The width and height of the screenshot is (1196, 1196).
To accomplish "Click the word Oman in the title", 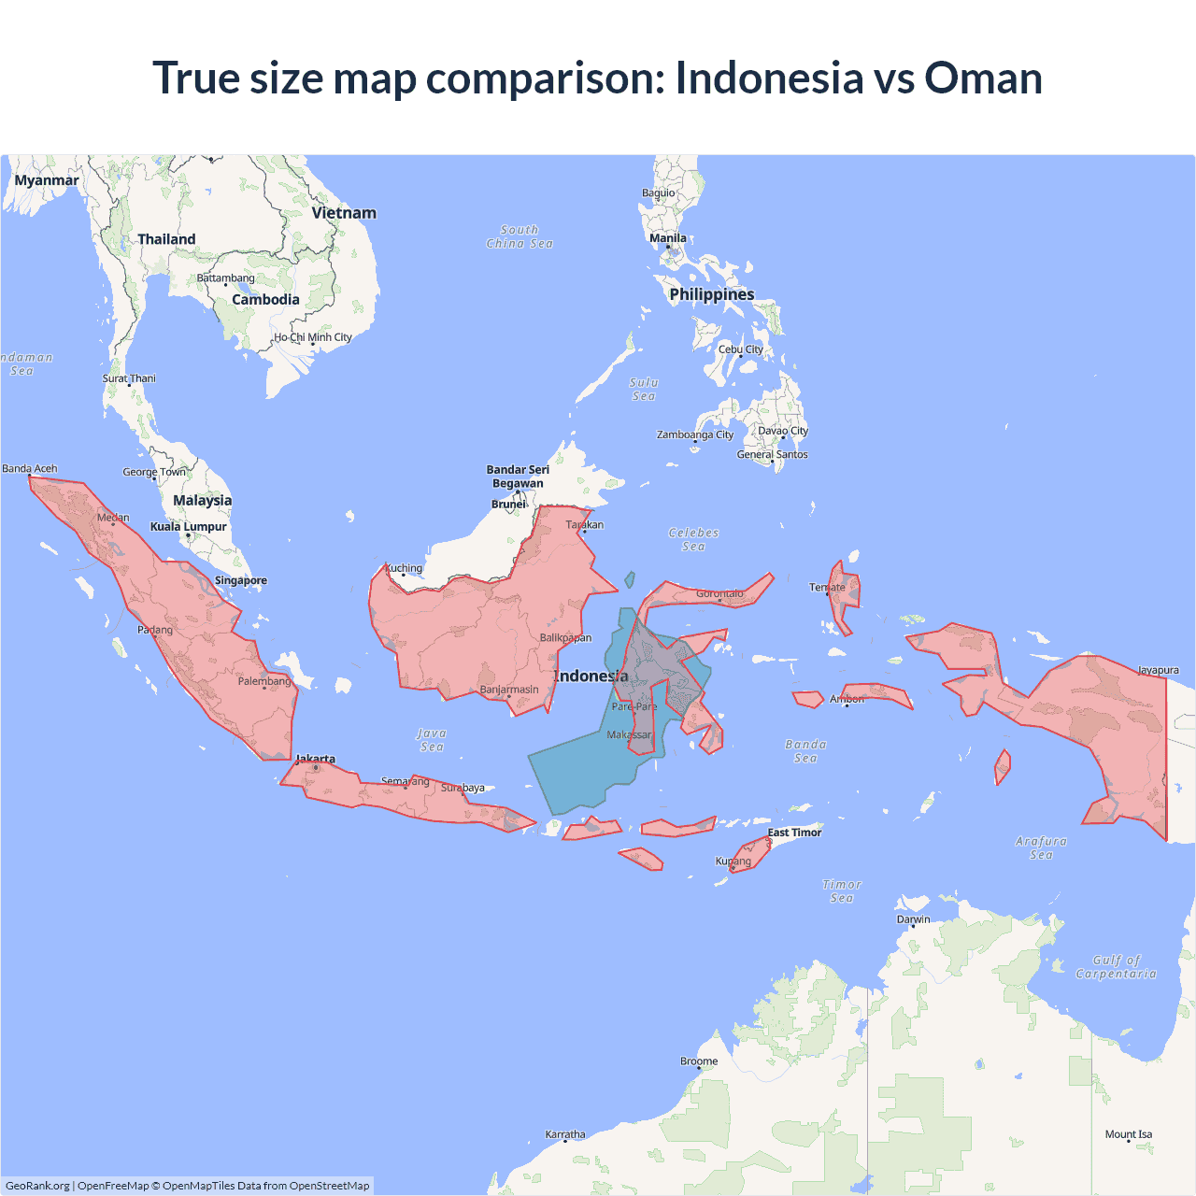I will pyautogui.click(x=983, y=78).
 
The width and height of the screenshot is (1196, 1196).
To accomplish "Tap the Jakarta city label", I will pyautogui.click(x=315, y=759).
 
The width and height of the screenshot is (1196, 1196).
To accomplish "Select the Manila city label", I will pyautogui.click(x=668, y=238).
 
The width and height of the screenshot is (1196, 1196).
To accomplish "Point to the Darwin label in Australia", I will pyautogui.click(x=913, y=919).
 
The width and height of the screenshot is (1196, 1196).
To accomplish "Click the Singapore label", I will pyautogui.click(x=241, y=580).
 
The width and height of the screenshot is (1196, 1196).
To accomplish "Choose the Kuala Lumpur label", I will pyautogui.click(x=189, y=527).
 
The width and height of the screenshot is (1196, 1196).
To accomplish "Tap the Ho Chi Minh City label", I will pyautogui.click(x=313, y=337).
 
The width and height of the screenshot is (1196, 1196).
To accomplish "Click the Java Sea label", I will pyautogui.click(x=432, y=740).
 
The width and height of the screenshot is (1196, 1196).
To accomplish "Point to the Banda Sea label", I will pyautogui.click(x=805, y=751).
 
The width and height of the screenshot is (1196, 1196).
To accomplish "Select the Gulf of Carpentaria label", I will pyautogui.click(x=1116, y=967).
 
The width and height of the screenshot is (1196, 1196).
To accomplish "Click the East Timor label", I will pyautogui.click(x=794, y=833).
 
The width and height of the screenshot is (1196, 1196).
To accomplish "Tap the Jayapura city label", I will pyautogui.click(x=1158, y=670).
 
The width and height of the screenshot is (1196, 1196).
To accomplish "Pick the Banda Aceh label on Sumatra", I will pyautogui.click(x=30, y=468).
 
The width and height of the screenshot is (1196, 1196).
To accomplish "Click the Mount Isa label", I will pyautogui.click(x=1129, y=1134).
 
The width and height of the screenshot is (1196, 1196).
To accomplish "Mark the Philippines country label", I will pyautogui.click(x=712, y=294).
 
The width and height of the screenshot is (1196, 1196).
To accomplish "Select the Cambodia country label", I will pyautogui.click(x=265, y=300).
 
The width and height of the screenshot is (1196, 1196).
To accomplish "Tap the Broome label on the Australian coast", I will pyautogui.click(x=699, y=1061).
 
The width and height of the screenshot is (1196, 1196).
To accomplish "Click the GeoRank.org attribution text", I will pyautogui.click(x=37, y=1186).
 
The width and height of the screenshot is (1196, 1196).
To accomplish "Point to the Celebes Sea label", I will pyautogui.click(x=693, y=539).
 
